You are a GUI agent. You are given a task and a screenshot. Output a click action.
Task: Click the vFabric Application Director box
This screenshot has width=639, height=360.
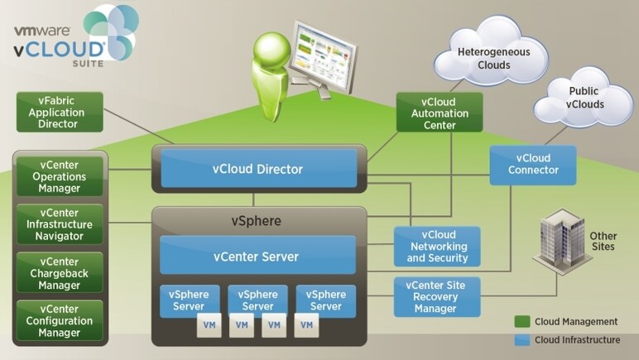59,112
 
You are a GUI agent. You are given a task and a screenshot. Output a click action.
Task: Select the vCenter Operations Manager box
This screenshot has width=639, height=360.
60,176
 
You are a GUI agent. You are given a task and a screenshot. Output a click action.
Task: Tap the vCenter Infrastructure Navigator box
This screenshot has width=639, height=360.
60,224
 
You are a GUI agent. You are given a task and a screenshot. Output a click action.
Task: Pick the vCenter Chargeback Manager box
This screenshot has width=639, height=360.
60,272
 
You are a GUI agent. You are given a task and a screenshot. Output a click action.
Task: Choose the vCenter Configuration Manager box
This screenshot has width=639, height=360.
60,320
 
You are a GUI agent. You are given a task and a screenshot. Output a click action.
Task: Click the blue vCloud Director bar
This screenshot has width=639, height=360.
258,170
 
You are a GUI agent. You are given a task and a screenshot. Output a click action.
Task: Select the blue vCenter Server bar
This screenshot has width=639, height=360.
257,256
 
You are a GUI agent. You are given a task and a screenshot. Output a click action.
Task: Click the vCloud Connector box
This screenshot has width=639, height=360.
531,165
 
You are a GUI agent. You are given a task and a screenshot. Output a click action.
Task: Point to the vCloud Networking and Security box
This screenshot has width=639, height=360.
438,247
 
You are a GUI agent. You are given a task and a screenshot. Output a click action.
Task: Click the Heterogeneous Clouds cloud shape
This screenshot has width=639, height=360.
494,58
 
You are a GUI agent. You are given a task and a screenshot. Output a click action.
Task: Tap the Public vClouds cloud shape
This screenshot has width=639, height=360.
583,98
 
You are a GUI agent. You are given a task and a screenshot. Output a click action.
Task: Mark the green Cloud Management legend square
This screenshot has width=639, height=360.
521,321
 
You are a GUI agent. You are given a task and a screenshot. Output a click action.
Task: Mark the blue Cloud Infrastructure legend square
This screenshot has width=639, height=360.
521,339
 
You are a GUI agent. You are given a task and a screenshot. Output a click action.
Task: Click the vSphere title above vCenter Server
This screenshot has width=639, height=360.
258,221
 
